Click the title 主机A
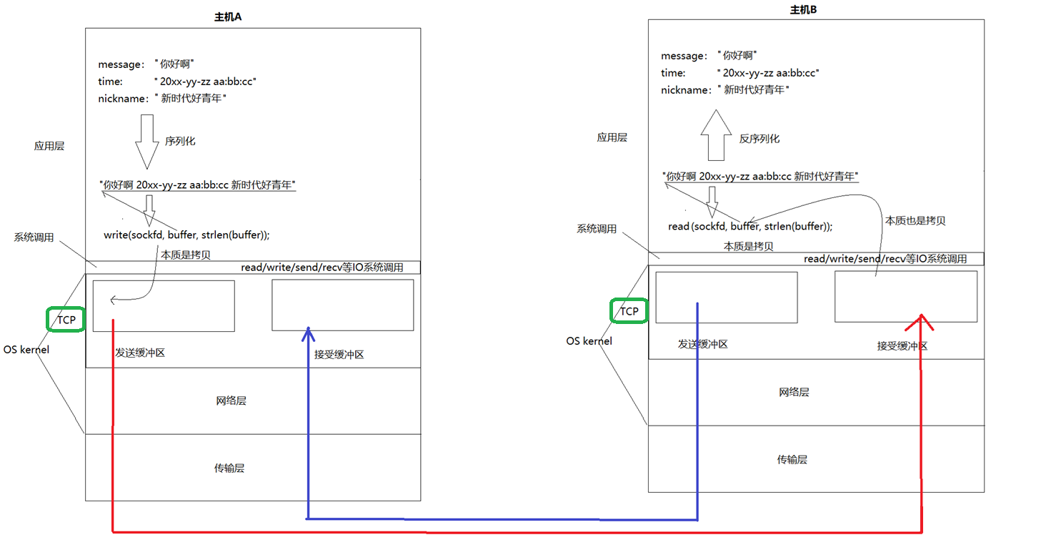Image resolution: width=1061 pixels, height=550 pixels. tap(229, 17)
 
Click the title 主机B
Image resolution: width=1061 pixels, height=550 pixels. tap(803, 9)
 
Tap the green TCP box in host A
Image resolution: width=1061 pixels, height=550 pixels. tap(66, 320)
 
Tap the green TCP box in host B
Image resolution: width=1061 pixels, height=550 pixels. tap(629, 311)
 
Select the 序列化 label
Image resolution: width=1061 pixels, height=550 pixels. tap(180, 142)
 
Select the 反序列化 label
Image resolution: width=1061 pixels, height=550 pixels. tap(759, 139)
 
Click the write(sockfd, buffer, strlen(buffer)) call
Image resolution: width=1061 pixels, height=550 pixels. tap(186, 235)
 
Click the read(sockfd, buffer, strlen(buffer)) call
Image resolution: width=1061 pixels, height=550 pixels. tap(749, 226)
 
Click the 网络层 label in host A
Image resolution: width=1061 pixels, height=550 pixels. tap(231, 401)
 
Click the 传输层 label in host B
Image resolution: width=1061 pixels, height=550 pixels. tap(792, 459)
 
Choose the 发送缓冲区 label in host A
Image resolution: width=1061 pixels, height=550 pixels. tap(140, 353)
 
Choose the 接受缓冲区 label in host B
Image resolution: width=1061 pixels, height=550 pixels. tap(902, 345)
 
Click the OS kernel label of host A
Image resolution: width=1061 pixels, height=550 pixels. tap(26, 350)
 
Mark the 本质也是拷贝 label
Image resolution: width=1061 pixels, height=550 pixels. tap(915, 221)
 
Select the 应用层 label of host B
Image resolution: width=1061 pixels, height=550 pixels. tap(612, 137)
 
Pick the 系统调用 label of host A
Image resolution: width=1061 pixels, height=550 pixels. tap(34, 237)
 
